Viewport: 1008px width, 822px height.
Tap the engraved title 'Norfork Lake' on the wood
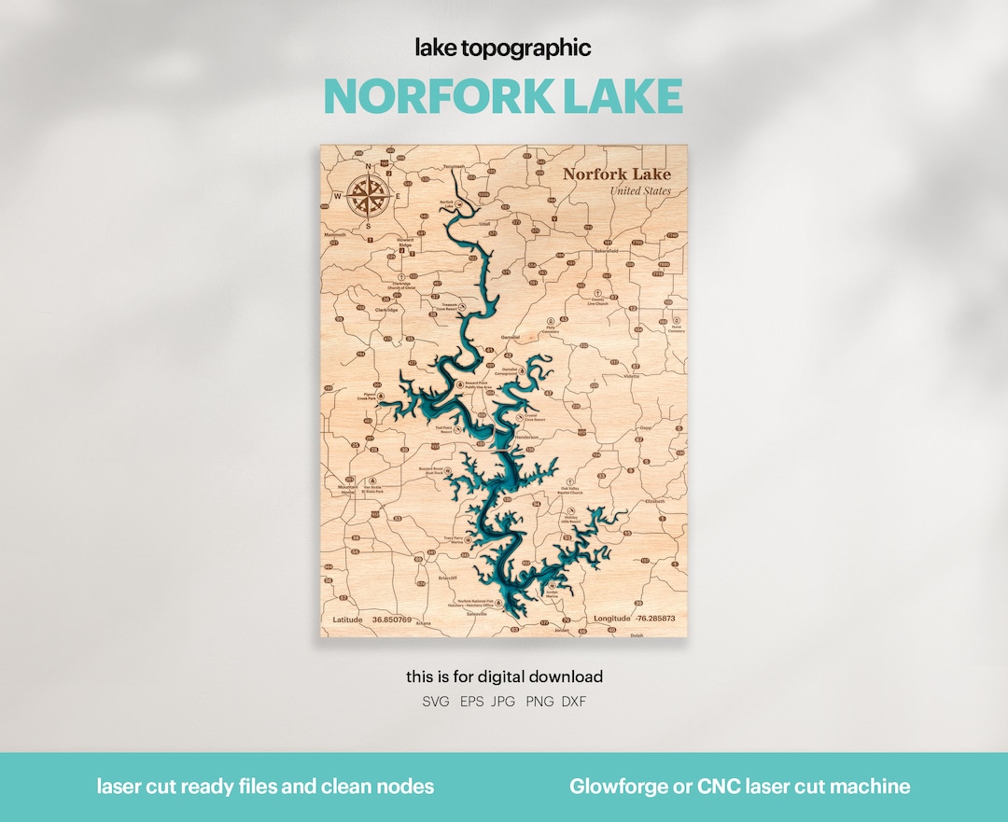616,174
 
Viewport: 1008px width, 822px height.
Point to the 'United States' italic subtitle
639,191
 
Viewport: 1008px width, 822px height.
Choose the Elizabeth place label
655,501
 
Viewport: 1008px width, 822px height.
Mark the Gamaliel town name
510,335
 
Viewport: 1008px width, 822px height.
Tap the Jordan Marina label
552,593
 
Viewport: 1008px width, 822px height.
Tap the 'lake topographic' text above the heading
503,48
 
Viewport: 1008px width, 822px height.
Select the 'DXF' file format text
574,701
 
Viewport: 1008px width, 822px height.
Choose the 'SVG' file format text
435,701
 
